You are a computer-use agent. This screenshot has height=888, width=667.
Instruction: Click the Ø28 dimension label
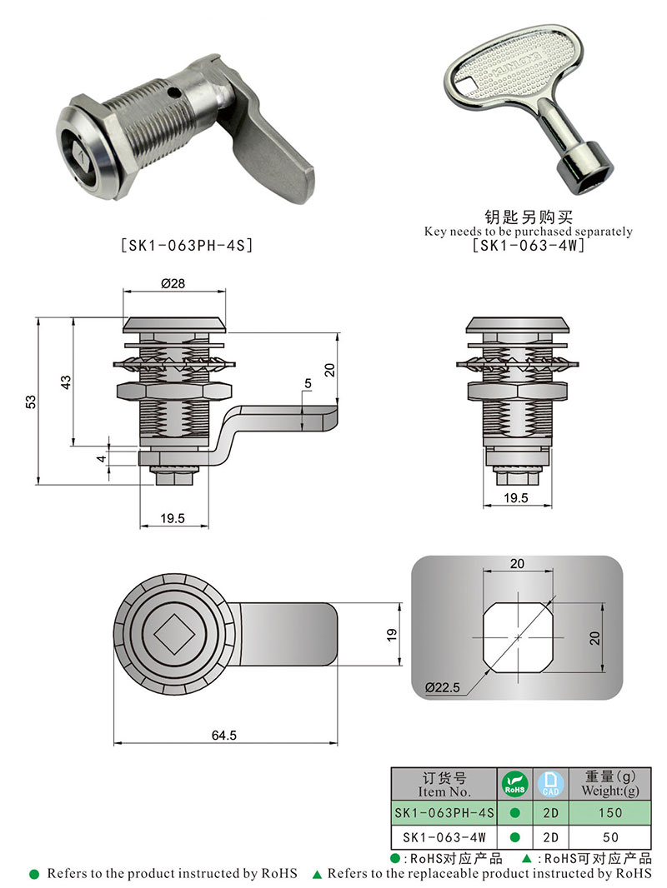[x=173, y=284]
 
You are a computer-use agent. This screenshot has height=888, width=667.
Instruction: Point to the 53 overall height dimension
[x=31, y=402]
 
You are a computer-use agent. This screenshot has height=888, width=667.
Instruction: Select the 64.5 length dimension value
[x=223, y=735]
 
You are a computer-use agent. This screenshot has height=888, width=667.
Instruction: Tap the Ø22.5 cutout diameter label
[x=443, y=687]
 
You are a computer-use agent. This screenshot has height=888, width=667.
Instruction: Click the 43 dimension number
[x=67, y=382]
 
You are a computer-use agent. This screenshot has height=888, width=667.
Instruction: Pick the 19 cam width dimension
[x=392, y=635]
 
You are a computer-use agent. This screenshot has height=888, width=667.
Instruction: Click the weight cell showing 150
[x=609, y=813]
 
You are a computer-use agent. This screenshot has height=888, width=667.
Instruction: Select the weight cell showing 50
[x=610, y=837]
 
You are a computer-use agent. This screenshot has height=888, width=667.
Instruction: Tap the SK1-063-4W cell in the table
[x=444, y=837]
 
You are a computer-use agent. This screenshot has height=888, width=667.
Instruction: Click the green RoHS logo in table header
[x=514, y=784]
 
